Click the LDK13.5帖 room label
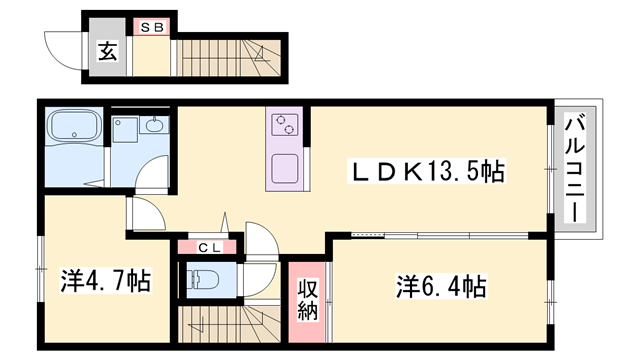pyautogui.click(x=427, y=171)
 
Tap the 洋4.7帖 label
pyautogui.click(x=106, y=280)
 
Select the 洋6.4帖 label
pyautogui.click(x=441, y=286)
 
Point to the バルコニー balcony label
pyautogui.click(x=575, y=168)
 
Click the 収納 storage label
pyautogui.click(x=307, y=299)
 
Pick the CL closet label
pyautogui.click(x=210, y=247)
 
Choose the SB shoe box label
pyautogui.click(x=152, y=27)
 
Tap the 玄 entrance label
pyautogui.click(x=107, y=51)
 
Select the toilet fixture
pyautogui.click(x=202, y=280)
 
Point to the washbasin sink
pyautogui.click(x=154, y=124)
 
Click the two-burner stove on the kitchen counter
pyautogui.click(x=284, y=124)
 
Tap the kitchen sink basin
pyautogui.click(x=284, y=169)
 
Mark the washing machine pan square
pyautogui.click(x=125, y=129)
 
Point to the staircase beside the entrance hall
pyautogui.click(x=229, y=58)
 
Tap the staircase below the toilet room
pyautogui.click(x=229, y=324)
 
